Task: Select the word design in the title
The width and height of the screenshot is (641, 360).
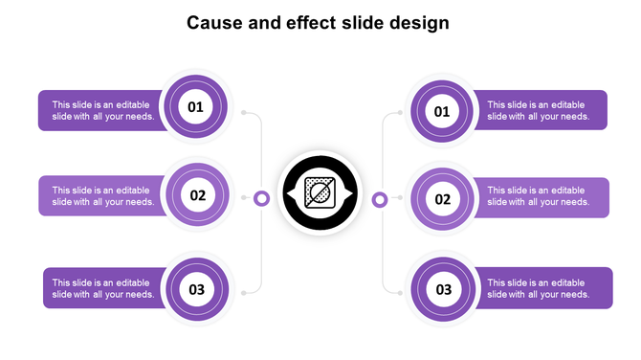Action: click(x=419, y=23)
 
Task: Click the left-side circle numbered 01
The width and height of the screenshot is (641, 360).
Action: click(x=195, y=107)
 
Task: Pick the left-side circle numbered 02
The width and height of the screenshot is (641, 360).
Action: click(x=198, y=195)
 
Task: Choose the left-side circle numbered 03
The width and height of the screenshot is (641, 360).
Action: click(x=197, y=289)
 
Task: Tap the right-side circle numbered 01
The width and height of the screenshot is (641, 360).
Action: click(x=442, y=112)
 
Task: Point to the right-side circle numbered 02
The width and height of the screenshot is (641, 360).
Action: click(x=443, y=199)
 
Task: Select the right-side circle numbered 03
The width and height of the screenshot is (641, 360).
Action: click(x=444, y=289)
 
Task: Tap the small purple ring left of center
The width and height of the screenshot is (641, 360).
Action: click(x=261, y=198)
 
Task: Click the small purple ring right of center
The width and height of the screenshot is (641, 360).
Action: click(x=380, y=199)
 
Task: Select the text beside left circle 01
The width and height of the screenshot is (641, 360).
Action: click(x=103, y=111)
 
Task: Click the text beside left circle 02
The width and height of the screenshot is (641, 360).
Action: click(x=103, y=196)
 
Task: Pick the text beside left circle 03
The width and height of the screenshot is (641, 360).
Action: click(x=103, y=288)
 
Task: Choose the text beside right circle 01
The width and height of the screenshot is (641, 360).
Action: click(x=538, y=111)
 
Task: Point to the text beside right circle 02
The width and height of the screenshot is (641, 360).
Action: click(x=538, y=196)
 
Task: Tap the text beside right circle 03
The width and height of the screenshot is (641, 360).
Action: click(x=538, y=288)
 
